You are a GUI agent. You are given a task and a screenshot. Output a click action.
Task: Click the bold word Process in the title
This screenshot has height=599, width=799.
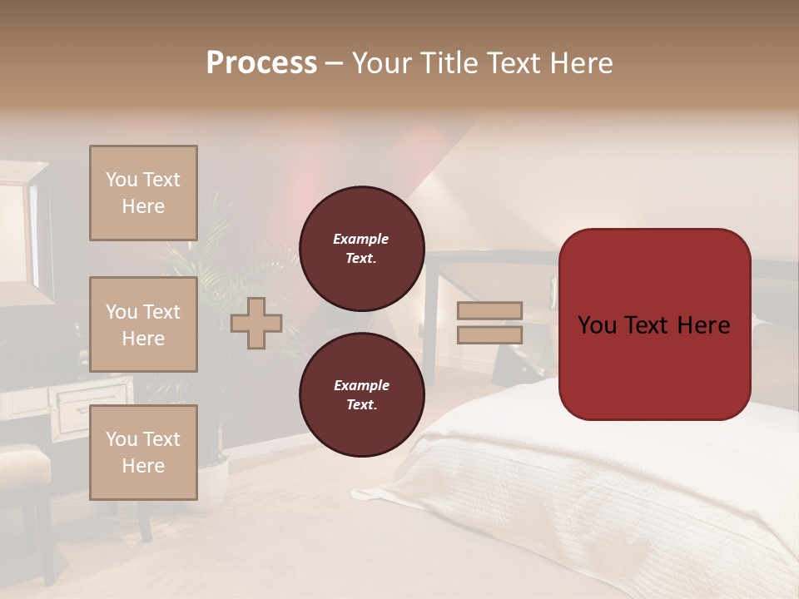coord(261,63)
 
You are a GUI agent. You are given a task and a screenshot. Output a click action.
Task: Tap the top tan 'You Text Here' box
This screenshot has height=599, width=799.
coord(143,193)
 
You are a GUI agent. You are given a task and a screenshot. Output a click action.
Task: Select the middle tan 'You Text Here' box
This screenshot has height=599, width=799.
coord(143,324)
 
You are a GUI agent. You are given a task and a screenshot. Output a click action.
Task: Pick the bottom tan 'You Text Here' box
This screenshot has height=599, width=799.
coord(143,453)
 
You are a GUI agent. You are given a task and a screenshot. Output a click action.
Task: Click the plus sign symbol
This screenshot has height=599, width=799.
coord(256,324)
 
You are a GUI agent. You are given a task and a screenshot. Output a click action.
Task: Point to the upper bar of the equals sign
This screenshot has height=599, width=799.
coord(490,311)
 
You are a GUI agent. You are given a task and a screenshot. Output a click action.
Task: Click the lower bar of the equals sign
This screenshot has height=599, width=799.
coord(490,334)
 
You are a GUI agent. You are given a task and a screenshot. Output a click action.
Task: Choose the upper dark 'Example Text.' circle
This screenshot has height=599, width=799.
coord(361,248)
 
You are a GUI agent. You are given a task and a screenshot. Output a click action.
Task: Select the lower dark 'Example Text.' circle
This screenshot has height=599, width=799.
coord(361,395)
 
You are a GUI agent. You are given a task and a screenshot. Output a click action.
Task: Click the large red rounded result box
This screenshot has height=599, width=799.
coord(654,324)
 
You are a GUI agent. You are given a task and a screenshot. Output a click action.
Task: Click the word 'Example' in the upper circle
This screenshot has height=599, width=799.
coord(361,239)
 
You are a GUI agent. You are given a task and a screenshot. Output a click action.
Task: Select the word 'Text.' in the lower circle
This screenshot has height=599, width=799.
coord(361,404)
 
